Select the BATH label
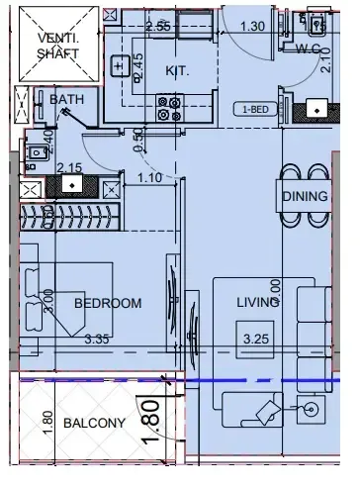coord(65,99)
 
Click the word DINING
coord(305,196)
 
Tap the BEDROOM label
coord(108,303)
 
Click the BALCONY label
coord(94,423)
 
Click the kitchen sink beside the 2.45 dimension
coord(120,67)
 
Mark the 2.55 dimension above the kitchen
coord(158,25)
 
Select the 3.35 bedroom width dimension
coord(97,340)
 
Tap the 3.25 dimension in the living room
coord(257,340)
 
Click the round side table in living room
coord(313,408)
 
